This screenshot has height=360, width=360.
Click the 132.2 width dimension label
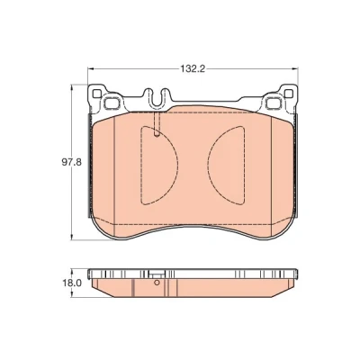click(x=193, y=69)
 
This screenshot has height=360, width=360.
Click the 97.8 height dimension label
click(x=71, y=162)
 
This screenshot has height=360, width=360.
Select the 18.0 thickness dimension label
click(x=72, y=283)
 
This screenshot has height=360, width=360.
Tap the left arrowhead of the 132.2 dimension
click(x=91, y=69)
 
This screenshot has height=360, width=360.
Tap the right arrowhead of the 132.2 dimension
click(x=295, y=69)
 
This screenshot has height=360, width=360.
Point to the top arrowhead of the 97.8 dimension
click(x=71, y=88)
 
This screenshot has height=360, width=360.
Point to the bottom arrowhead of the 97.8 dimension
click(x=71, y=237)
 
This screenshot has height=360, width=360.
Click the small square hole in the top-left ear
click(x=96, y=94)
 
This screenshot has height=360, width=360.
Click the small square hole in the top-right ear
click(x=289, y=94)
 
